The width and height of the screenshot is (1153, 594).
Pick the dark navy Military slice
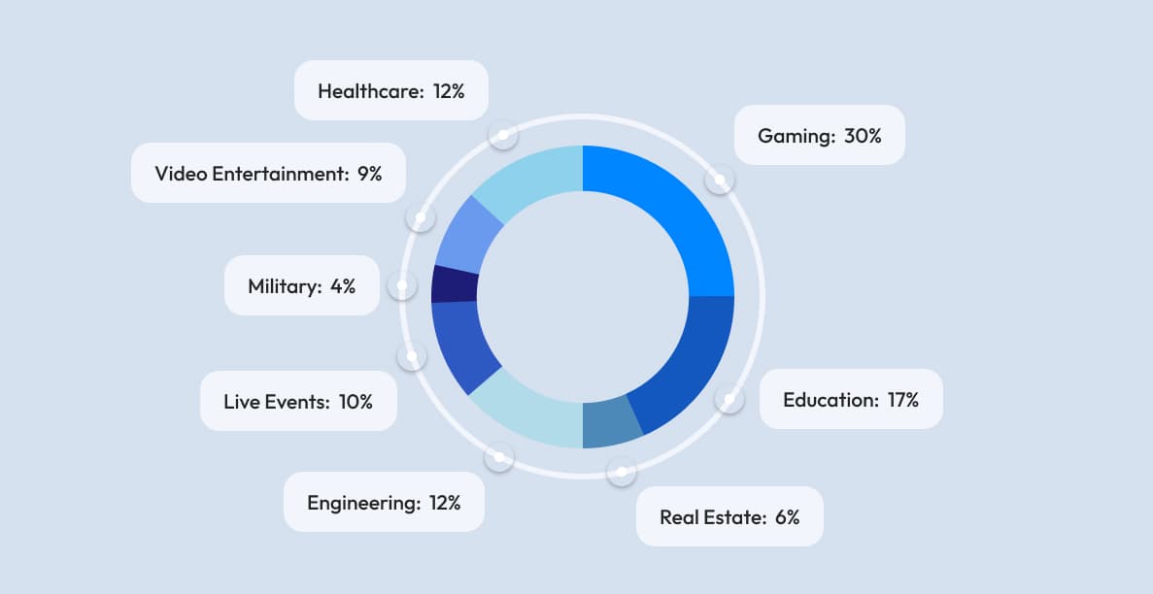(x=454, y=283)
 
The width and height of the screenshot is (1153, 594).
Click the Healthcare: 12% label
(x=390, y=91)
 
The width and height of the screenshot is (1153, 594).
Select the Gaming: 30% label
(x=819, y=135)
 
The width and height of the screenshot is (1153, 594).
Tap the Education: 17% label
(x=850, y=399)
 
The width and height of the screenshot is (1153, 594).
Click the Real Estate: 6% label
(x=729, y=516)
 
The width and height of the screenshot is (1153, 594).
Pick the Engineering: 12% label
(x=384, y=502)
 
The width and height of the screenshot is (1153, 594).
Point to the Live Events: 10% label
(x=298, y=401)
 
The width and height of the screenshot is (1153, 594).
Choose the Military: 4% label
(x=301, y=285)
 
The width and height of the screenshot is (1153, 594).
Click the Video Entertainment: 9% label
(x=268, y=174)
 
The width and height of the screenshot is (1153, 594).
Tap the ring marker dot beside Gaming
(x=719, y=180)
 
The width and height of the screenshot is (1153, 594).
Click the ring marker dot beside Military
(x=401, y=285)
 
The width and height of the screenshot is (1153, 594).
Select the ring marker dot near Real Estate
(x=621, y=472)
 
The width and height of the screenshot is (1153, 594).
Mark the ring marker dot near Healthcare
(x=502, y=134)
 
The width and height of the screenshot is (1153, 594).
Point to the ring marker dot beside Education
(x=729, y=399)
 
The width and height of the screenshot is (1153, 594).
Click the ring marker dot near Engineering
(x=498, y=456)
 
